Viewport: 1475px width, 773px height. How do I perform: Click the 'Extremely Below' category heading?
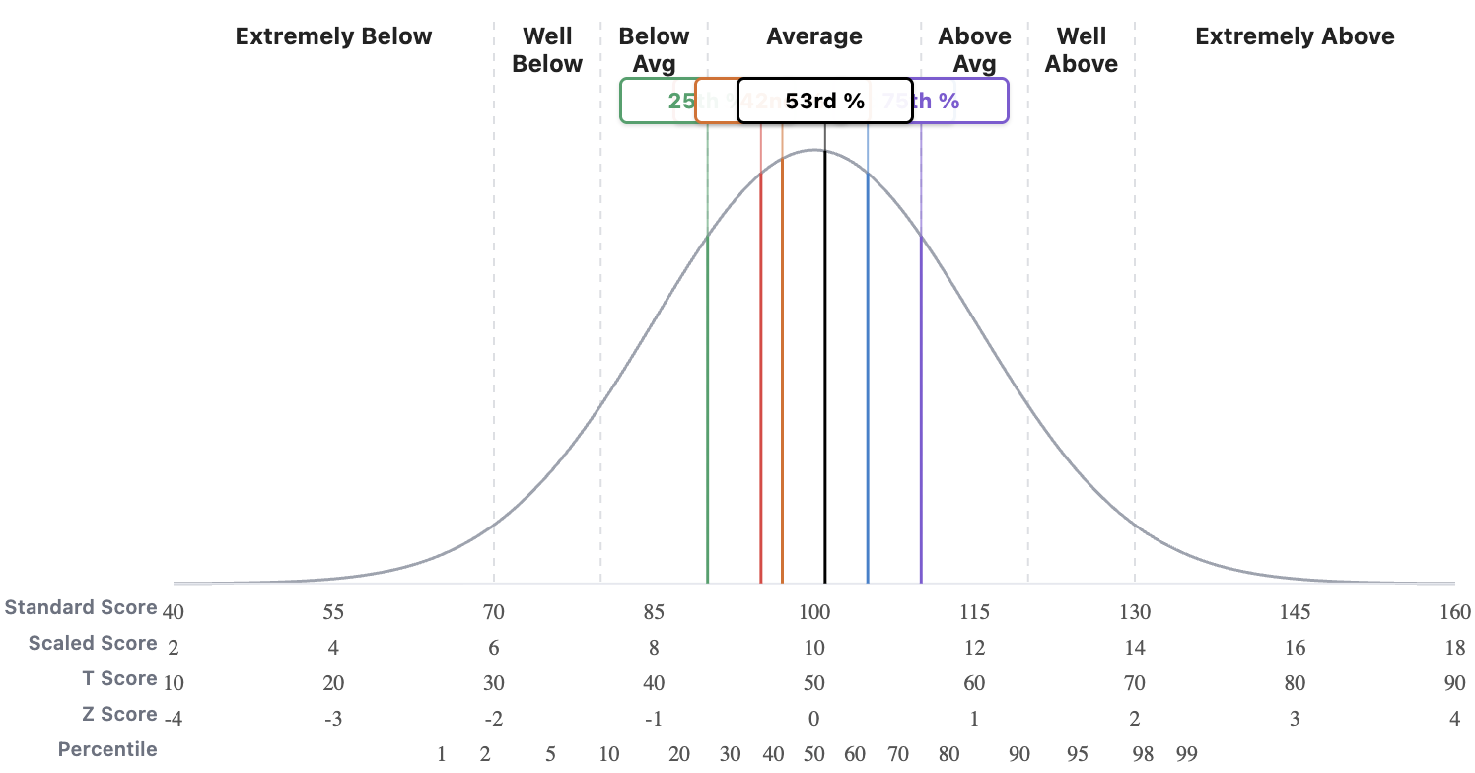[x=333, y=37]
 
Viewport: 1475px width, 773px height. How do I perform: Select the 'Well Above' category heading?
[x=1081, y=50]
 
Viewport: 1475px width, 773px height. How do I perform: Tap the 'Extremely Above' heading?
[x=1294, y=37]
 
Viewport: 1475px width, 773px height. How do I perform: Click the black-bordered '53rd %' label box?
[x=824, y=101]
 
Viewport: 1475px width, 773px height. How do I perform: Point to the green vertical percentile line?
[x=708, y=394]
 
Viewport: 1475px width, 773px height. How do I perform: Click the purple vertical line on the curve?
[x=921, y=394]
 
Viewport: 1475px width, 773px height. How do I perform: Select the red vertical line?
[x=761, y=394]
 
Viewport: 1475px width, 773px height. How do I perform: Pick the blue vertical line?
[x=868, y=394]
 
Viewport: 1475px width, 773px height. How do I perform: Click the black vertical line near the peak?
[x=825, y=394]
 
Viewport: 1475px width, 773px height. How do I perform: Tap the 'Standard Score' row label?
[x=81, y=608]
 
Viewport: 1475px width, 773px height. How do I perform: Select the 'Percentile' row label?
[x=107, y=750]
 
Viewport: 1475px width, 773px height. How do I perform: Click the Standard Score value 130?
[x=1135, y=612]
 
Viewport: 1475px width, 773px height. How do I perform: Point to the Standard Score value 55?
[x=333, y=612]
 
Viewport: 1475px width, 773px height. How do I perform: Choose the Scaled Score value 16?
[x=1295, y=648]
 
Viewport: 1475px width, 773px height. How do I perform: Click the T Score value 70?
[x=1135, y=683]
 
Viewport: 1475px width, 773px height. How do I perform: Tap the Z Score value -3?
[x=333, y=719]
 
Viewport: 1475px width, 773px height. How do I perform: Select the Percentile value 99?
[x=1186, y=755]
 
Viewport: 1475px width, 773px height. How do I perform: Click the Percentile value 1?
[x=442, y=755]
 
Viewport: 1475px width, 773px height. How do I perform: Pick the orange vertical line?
[x=782, y=394]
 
